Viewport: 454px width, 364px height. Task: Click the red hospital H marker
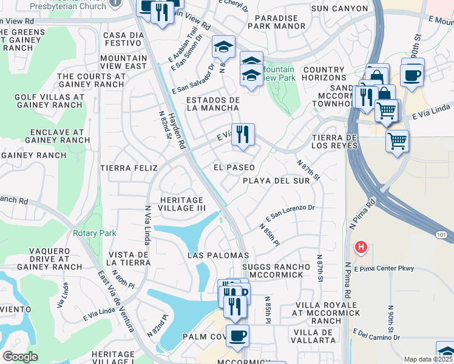click(361, 247)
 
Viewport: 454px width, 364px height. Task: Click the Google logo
click(20, 357)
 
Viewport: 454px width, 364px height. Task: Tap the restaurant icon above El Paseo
click(243, 134)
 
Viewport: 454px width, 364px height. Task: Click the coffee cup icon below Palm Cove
click(237, 335)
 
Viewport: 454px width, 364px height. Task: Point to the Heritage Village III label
click(182, 204)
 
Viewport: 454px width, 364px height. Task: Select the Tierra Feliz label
click(129, 167)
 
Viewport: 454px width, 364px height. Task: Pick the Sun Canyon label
click(339, 8)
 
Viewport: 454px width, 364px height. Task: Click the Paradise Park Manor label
click(280, 22)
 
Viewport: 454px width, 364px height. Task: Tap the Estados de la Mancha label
click(213, 104)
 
